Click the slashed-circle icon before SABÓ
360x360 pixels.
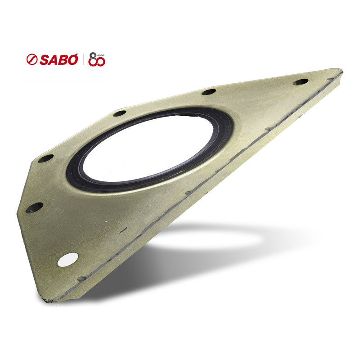coord(32,59)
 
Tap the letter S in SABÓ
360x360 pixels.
coord(45,60)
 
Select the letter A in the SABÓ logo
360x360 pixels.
coord(54,60)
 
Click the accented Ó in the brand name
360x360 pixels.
coord(72,59)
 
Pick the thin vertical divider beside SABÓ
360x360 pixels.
coord(83,59)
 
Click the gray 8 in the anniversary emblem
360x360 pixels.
coord(93,58)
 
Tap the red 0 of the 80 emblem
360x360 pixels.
coord(101,61)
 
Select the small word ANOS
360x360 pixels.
coord(101,55)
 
